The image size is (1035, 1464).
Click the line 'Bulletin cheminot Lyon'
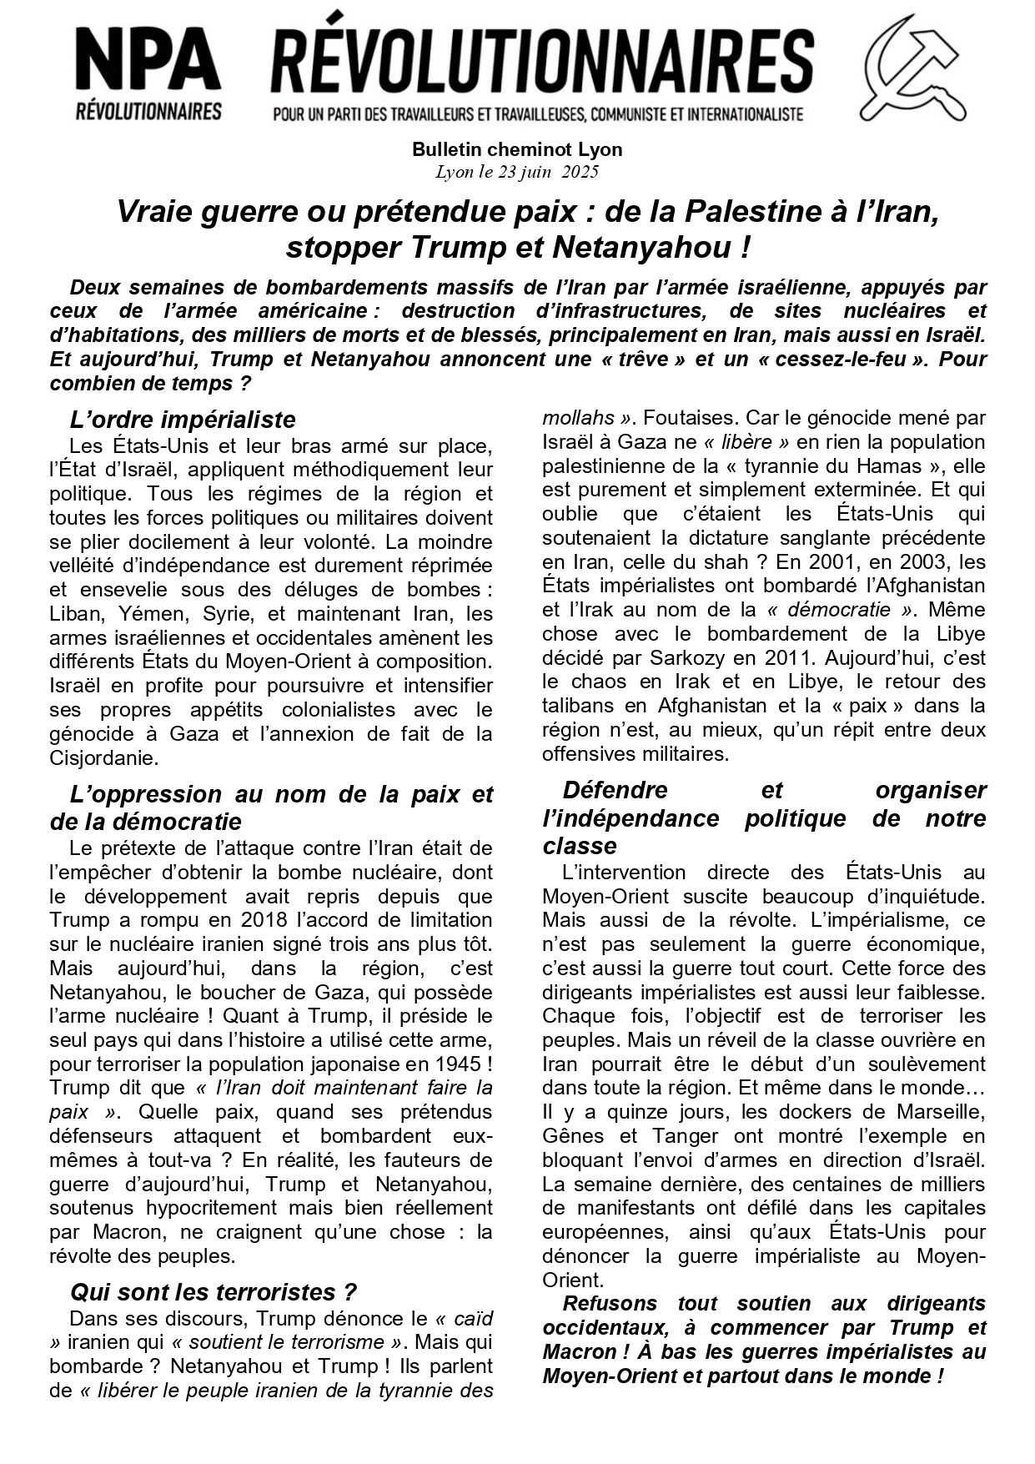(517, 150)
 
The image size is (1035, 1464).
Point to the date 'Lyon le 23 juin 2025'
(517, 173)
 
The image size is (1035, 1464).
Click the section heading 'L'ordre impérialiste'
(183, 419)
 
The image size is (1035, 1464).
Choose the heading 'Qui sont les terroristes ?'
(214, 1292)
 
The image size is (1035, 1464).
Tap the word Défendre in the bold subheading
(615, 790)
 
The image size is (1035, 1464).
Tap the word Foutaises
(687, 418)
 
